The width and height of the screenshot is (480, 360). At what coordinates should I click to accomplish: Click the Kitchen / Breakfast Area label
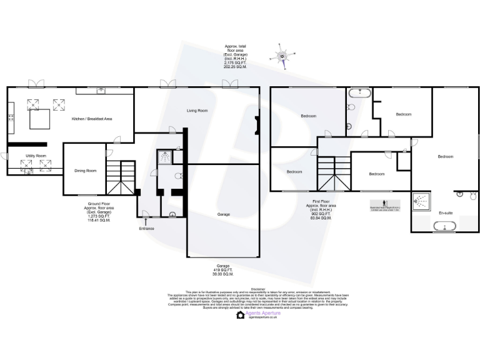(x=92, y=119)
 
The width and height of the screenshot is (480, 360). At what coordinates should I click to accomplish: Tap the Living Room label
(x=197, y=111)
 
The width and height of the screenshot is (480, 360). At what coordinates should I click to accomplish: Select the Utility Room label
(x=36, y=156)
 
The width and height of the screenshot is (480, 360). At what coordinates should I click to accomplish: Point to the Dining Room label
(x=86, y=171)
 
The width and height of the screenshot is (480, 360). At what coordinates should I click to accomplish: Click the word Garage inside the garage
(x=223, y=214)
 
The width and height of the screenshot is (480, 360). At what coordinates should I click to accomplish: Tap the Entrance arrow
(x=146, y=221)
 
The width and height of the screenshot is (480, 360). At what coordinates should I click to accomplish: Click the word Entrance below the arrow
(x=146, y=229)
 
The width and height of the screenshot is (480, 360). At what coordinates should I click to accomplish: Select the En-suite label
(x=445, y=212)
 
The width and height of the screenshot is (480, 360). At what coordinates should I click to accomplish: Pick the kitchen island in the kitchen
(x=38, y=119)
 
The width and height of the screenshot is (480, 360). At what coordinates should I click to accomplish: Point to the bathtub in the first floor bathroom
(x=359, y=94)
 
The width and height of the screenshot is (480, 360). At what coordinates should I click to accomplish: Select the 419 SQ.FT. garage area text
(x=223, y=271)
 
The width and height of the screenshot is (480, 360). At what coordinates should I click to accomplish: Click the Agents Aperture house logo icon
(x=241, y=315)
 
